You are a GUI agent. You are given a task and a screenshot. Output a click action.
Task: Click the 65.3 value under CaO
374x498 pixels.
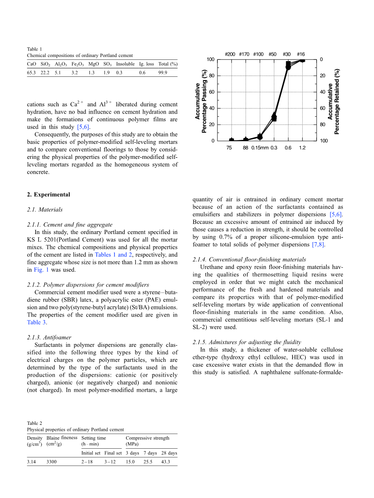[x=31, y=72]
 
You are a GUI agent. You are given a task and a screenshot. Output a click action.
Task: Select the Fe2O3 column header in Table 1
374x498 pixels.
[x=77, y=64]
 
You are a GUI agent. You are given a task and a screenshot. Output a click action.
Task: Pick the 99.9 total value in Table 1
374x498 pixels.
[x=163, y=72]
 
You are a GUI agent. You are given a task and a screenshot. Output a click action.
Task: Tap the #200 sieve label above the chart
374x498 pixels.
[x=230, y=54]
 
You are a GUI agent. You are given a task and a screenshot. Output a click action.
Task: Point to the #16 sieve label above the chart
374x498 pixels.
[x=301, y=54]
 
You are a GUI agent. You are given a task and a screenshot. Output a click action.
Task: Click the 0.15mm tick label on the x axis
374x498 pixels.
[x=260, y=148]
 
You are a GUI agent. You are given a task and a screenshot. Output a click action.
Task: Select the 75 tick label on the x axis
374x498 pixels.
[x=229, y=148]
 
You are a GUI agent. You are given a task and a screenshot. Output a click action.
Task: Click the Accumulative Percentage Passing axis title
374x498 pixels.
[x=201, y=101]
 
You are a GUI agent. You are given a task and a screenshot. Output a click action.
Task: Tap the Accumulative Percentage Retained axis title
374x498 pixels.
[x=334, y=101]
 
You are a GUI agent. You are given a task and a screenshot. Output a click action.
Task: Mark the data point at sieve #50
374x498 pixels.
[x=274, y=117]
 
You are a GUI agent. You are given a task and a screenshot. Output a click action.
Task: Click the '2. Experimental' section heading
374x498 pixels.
[x=49, y=194]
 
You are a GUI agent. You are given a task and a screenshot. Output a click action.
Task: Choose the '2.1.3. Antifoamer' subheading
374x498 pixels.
[x=49, y=337]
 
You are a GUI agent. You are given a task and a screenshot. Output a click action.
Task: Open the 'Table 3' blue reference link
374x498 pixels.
[x=34, y=322]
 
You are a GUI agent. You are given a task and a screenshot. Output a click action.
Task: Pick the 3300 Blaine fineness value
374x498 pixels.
[x=51, y=462]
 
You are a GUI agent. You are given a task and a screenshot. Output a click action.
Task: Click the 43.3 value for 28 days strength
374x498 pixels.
[x=166, y=462]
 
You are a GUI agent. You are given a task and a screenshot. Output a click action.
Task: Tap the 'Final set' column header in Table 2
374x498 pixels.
[x=113, y=453]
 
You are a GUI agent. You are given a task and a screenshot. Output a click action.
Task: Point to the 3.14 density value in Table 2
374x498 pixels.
[x=31, y=462]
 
